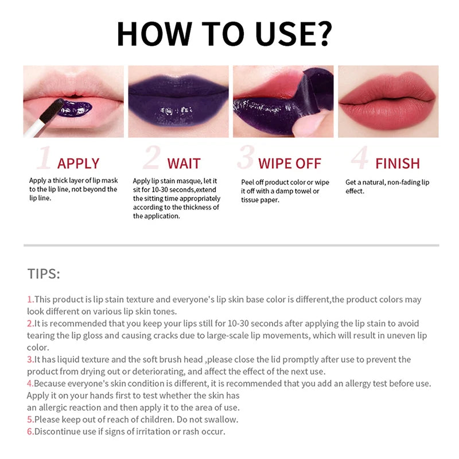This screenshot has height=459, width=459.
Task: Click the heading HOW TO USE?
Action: click(224, 34)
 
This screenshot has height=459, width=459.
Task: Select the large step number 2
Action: click(151, 158)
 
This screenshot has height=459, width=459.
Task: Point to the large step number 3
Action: click(246, 158)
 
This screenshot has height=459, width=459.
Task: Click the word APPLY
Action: click(78, 164)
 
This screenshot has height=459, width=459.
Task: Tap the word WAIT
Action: click(184, 164)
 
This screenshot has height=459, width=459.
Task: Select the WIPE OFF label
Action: click(290, 164)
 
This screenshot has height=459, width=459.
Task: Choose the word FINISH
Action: click(397, 164)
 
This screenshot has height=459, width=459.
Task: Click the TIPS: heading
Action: click(43, 273)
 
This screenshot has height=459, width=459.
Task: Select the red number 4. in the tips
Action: click(30, 383)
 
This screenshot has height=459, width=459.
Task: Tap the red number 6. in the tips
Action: click(30, 431)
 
